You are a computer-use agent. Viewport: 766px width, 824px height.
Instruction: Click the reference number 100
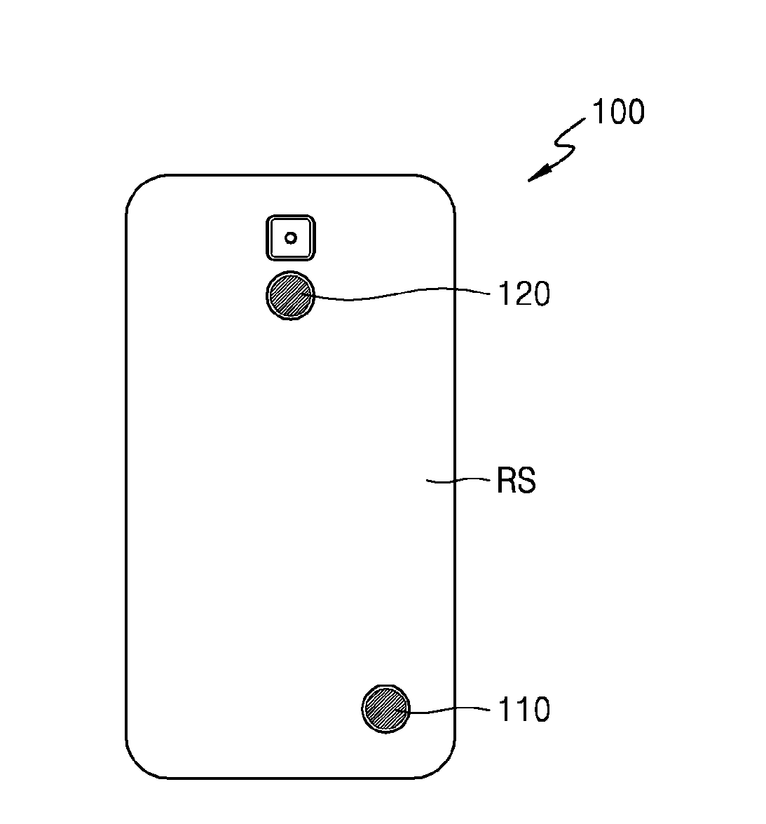point(618,112)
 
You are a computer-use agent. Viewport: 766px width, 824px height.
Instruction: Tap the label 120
point(524,294)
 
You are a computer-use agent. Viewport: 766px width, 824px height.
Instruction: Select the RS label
point(517,481)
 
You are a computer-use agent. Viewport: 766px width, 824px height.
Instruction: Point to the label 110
point(524,710)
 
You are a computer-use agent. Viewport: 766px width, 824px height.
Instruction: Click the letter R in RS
point(507,481)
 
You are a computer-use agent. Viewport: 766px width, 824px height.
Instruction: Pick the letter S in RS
point(527,481)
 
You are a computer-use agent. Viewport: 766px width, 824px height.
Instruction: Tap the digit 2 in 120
point(523,294)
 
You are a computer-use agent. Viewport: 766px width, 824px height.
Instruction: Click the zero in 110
point(539,710)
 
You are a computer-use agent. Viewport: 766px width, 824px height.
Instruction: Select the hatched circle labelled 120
point(290,296)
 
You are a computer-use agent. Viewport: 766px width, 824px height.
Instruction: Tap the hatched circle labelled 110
point(385,709)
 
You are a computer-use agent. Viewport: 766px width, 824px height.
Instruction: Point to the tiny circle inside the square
point(291,238)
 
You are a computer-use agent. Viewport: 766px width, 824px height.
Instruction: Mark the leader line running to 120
point(399,295)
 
